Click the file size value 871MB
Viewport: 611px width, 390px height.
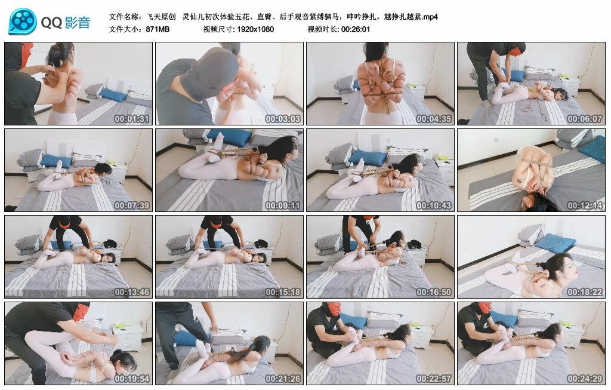158,29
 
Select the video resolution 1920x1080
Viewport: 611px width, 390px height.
255,29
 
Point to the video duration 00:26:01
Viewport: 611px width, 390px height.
355,29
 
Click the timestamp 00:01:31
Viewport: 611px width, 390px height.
132,119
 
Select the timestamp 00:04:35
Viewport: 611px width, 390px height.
434,119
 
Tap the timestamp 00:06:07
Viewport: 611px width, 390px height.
585,119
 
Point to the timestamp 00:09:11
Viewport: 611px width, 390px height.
282,205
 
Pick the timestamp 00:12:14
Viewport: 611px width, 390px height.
585,205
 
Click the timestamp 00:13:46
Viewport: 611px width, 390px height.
132,291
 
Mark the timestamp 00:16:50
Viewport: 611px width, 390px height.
434,291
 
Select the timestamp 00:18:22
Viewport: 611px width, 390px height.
585,291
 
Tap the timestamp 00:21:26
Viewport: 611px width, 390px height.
282,378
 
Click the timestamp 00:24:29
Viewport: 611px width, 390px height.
585,378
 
